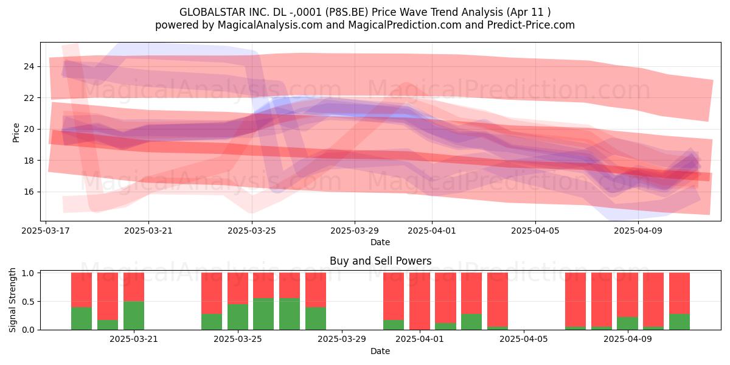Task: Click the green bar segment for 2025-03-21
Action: (x=134, y=315)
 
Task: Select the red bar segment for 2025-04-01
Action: (x=419, y=301)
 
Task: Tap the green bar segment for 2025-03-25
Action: (x=238, y=317)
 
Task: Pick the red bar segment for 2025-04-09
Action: (x=627, y=294)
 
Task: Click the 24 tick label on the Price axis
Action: (x=29, y=67)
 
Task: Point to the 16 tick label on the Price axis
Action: (x=29, y=192)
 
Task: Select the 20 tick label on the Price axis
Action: (x=29, y=130)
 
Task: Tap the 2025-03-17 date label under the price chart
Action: (x=46, y=231)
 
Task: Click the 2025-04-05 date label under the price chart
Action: (x=535, y=231)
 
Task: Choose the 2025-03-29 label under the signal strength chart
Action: (x=342, y=339)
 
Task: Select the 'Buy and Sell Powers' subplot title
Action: (x=381, y=261)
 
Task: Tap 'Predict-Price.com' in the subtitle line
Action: (x=531, y=25)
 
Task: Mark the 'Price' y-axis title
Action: (x=16, y=133)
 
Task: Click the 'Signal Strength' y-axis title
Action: (x=12, y=300)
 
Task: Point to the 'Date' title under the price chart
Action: (x=380, y=242)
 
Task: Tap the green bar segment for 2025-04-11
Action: (x=680, y=322)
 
